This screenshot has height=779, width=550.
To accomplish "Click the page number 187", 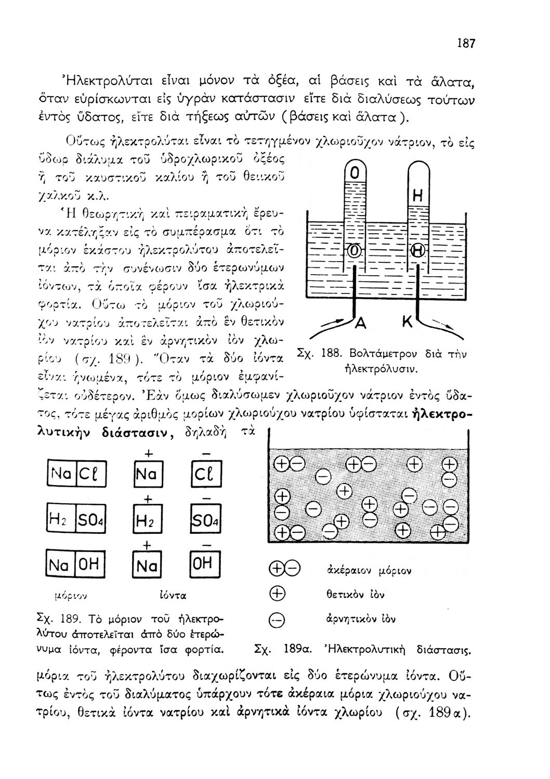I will coord(466,44).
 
